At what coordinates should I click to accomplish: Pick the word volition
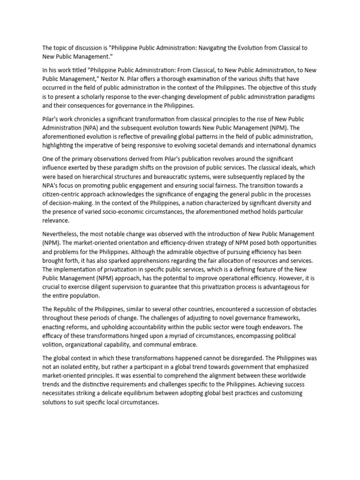(54, 345)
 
